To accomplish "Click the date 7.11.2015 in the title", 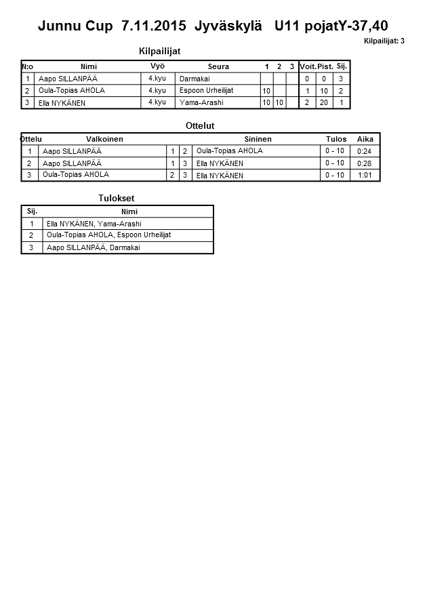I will [154, 26].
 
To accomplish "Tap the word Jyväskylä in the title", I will [228, 26].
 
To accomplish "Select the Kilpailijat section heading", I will [159, 51].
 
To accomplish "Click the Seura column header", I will [218, 66].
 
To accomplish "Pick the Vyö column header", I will [157, 66].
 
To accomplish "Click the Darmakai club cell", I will [195, 79].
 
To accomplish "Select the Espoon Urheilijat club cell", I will [207, 90].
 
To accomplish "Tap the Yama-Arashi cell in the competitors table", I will [201, 102].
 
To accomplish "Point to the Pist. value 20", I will [324, 102].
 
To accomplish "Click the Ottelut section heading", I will [200, 125].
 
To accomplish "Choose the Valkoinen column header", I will [104, 139].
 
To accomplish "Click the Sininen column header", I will [258, 139].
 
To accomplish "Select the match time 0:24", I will [365, 151].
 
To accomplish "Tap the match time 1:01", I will [365, 175].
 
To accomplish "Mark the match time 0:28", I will [365, 163].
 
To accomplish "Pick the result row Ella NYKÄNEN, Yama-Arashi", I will [94, 223].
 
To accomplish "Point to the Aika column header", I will [365, 139].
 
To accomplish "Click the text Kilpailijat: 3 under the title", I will [384, 41].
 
